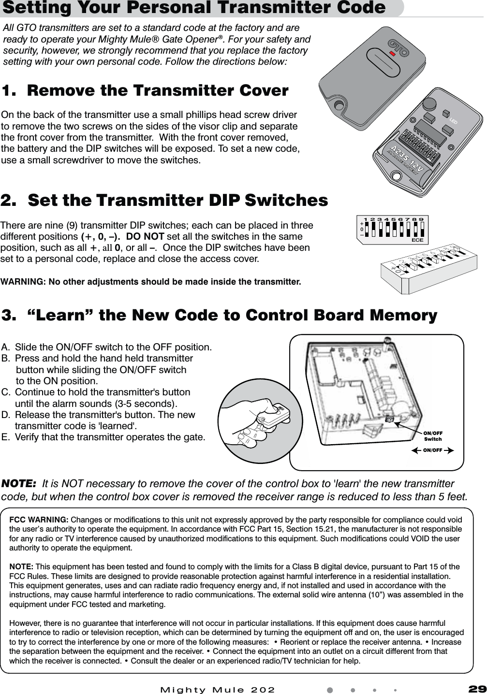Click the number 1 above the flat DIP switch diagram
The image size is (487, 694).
click(366, 219)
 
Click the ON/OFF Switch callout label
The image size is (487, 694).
click(433, 436)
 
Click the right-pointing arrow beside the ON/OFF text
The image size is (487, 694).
click(449, 450)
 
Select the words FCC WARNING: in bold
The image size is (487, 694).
click(39, 520)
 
